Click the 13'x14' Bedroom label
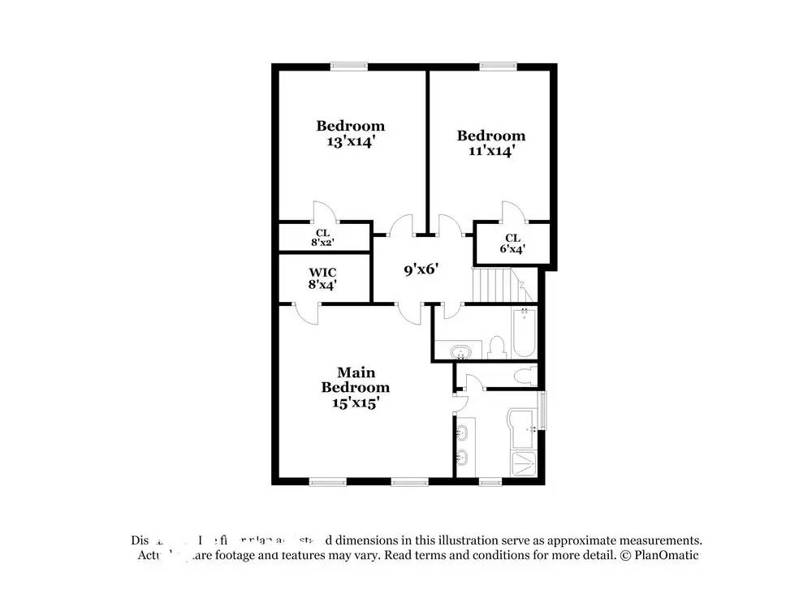coord(350,133)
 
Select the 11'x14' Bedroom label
coord(490,143)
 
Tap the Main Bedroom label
coord(356,386)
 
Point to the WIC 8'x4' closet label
coord(322,278)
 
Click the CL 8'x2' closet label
coord(322,236)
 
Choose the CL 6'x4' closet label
coord(512,243)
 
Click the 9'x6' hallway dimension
coord(422,269)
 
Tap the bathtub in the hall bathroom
coord(524,334)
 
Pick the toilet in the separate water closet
coord(525,376)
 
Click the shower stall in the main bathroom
coord(524,463)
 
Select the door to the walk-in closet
coord(307,313)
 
